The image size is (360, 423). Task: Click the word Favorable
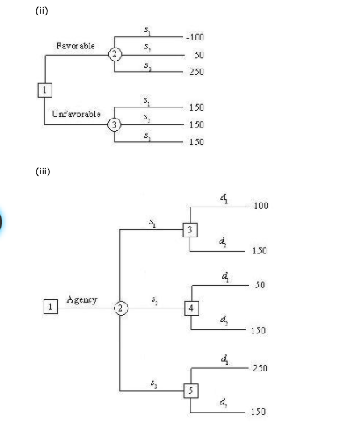coord(75,46)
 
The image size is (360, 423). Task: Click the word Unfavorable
coord(77,114)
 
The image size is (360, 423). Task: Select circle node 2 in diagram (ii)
coord(115,55)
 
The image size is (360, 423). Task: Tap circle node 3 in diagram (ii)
coord(115,124)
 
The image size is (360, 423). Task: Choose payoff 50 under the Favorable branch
coord(199,55)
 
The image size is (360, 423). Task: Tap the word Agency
coord(82,299)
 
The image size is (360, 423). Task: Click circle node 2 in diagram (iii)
coord(119,308)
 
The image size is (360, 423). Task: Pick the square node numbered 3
coord(190,230)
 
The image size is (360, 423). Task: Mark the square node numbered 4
coord(190,308)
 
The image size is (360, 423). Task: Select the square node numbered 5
coord(190,391)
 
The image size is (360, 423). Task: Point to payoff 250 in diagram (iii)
coord(259,368)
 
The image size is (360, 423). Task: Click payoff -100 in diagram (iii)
coord(258,206)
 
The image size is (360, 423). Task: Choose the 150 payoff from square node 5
coord(259,413)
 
